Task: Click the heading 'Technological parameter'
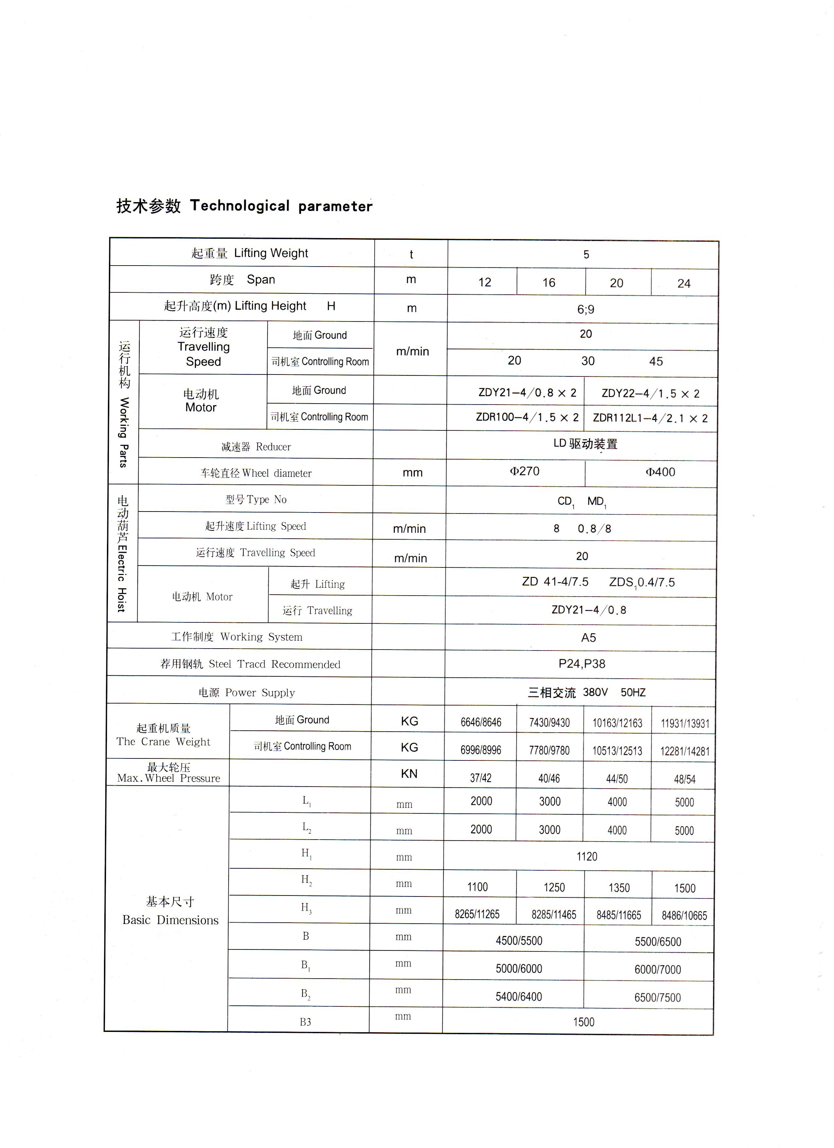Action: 281,206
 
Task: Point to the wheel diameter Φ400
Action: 660,472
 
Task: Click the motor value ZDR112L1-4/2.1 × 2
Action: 650,418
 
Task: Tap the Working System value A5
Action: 588,638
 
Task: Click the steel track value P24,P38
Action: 582,664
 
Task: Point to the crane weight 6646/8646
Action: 481,722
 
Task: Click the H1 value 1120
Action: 586,857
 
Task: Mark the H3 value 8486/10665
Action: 684,915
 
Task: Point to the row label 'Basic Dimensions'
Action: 170,920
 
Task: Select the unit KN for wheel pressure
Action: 409,774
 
